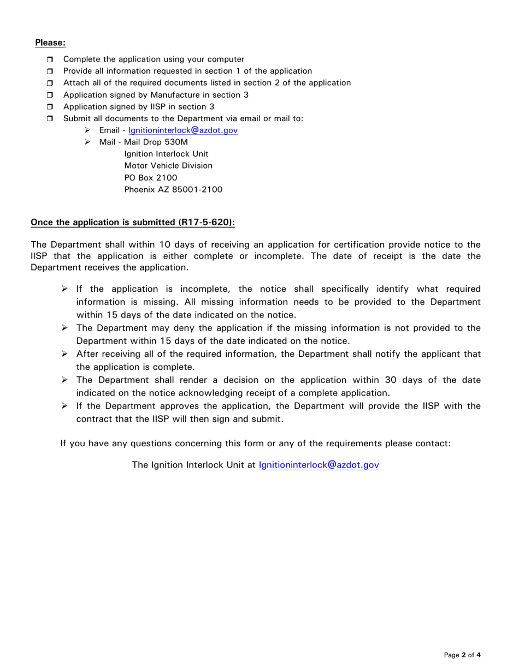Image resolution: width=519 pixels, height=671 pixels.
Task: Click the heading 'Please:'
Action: click(50, 43)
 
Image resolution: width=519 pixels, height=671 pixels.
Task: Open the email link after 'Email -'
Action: click(183, 131)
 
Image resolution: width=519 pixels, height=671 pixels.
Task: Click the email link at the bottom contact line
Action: click(319, 465)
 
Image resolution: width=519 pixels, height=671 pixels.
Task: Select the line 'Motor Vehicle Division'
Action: click(168, 166)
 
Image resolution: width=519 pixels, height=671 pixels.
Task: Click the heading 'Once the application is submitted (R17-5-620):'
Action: click(136, 223)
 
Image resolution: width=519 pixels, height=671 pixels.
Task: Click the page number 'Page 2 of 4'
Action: click(462, 655)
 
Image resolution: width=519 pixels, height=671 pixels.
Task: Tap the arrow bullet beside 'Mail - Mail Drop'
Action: click(87, 142)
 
